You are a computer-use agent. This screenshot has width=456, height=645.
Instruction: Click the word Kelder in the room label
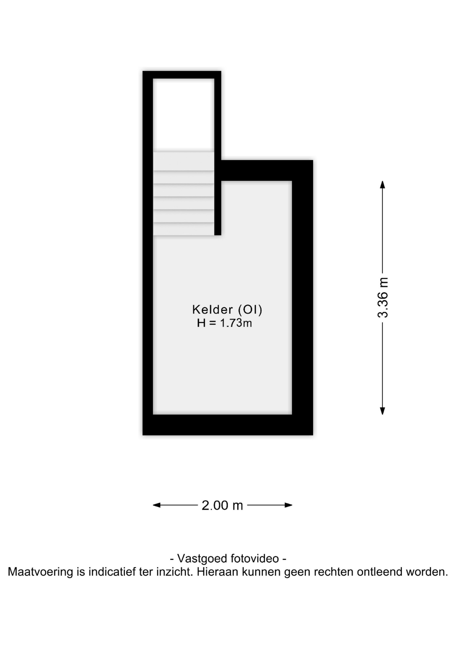click(x=212, y=309)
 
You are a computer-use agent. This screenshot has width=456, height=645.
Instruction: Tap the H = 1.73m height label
click(x=224, y=323)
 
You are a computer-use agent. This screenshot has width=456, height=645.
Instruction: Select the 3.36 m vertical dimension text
click(x=383, y=298)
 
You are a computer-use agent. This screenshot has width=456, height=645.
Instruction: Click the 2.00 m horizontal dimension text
click(x=222, y=505)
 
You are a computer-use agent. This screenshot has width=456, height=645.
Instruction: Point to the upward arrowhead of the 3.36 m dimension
click(x=382, y=184)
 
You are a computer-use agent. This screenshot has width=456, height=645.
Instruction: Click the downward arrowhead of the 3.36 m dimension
click(x=382, y=411)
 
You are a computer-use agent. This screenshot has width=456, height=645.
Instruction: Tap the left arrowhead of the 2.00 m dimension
click(x=157, y=505)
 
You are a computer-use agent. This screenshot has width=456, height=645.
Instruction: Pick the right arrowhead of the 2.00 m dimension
click(x=288, y=505)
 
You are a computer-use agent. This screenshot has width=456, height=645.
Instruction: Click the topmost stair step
click(x=184, y=161)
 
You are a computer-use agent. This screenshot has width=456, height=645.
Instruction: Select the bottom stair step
click(x=184, y=229)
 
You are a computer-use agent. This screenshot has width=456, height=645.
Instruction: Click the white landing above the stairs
click(x=184, y=114)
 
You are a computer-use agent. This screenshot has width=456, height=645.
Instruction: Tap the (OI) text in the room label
click(x=250, y=309)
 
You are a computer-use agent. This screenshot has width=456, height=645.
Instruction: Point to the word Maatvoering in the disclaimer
click(x=40, y=572)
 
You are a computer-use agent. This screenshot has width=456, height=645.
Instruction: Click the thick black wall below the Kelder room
click(x=228, y=425)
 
